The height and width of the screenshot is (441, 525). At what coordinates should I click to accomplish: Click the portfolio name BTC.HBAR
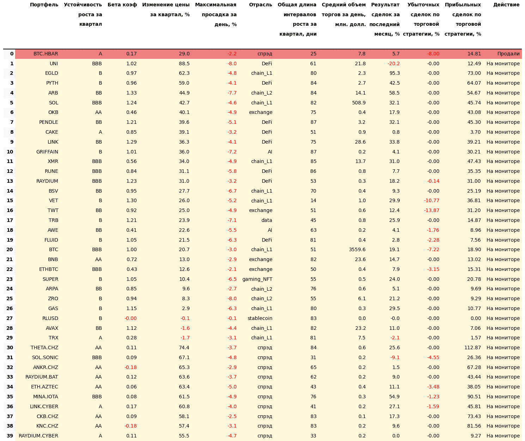(x=46, y=54)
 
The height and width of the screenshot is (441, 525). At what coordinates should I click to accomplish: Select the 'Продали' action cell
(x=508, y=54)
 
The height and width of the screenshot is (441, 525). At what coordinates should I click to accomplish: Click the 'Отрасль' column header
(x=260, y=5)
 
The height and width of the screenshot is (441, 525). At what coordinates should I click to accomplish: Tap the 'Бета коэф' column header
(x=122, y=5)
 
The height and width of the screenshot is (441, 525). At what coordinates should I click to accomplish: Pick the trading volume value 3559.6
(x=357, y=250)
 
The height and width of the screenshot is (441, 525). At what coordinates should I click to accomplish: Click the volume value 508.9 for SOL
(x=359, y=103)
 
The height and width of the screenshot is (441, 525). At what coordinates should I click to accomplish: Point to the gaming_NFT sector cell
(x=257, y=279)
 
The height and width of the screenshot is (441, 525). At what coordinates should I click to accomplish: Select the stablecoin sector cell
(x=260, y=318)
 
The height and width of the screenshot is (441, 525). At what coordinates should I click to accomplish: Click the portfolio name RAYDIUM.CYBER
(x=38, y=436)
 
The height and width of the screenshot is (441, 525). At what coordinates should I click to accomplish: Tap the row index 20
(x=10, y=250)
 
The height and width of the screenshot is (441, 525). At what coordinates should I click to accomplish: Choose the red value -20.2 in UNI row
(x=393, y=64)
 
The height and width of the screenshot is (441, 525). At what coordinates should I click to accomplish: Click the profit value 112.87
(x=472, y=348)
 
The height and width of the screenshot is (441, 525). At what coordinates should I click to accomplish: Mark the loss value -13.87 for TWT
(x=432, y=210)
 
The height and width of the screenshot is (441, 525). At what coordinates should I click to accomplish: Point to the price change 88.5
(x=184, y=64)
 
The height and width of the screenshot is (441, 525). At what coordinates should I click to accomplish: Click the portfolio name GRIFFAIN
(x=47, y=152)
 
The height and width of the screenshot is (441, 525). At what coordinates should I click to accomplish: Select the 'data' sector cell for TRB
(x=266, y=220)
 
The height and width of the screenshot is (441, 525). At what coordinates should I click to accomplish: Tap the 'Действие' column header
(x=506, y=5)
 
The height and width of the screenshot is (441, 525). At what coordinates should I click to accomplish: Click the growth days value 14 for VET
(x=313, y=201)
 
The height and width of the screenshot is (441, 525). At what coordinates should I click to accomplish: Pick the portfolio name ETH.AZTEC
(x=44, y=387)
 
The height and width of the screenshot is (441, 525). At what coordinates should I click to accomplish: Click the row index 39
(x=10, y=436)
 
